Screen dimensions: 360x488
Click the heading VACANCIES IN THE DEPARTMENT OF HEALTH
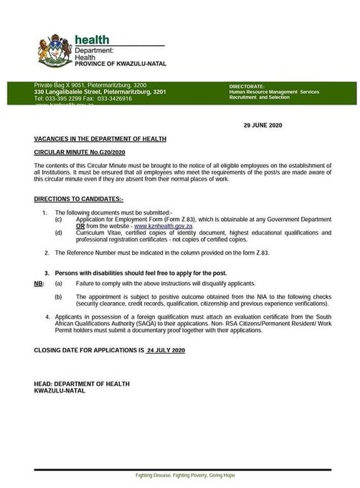coord(100,138)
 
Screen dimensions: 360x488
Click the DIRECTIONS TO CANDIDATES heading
coord(78,197)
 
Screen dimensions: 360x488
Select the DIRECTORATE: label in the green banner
coord(247,86)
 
